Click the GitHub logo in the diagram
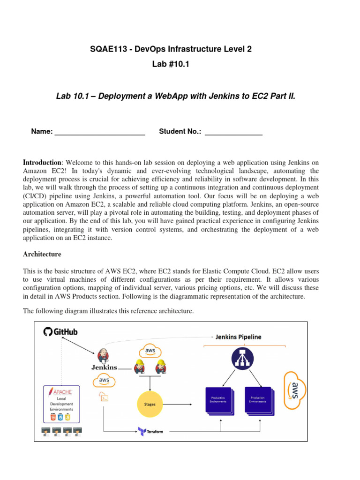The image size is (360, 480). pyautogui.click(x=60, y=332)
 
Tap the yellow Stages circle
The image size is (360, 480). pyautogui.click(x=150, y=404)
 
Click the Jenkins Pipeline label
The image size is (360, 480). pyautogui.click(x=238, y=337)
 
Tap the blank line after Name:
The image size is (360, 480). pyautogui.click(x=100, y=132)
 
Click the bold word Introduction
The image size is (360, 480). pyautogui.click(x=42, y=162)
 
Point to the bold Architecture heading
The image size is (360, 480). pyautogui.click(x=42, y=255)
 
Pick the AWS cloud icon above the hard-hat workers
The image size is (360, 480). pyautogui.click(x=150, y=351)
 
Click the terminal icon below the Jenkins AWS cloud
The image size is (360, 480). pyautogui.click(x=104, y=398)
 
